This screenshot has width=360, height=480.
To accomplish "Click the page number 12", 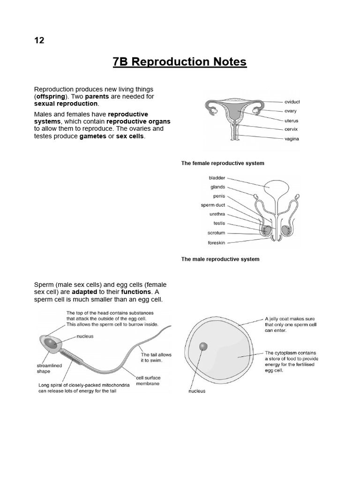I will click(x=39, y=40).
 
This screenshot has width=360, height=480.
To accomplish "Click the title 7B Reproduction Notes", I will click(x=180, y=62).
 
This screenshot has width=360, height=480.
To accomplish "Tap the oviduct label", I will click(x=292, y=102).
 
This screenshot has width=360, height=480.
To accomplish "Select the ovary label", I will click(x=290, y=111).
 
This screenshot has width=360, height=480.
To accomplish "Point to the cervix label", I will click(x=291, y=129).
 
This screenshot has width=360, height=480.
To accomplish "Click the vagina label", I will click(x=291, y=139).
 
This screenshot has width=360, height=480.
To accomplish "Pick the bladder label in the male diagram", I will click(x=217, y=178).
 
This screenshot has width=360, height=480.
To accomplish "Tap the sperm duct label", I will click(x=213, y=205).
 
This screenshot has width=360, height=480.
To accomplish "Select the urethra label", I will click(x=217, y=214).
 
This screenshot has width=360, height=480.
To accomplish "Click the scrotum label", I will click(x=216, y=233).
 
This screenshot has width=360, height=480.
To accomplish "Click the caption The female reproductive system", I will click(x=223, y=163).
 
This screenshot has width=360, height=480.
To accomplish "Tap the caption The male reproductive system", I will click(x=220, y=259).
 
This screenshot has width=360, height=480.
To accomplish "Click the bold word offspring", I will click(x=52, y=96).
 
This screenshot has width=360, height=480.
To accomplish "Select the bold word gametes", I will click(x=93, y=136).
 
